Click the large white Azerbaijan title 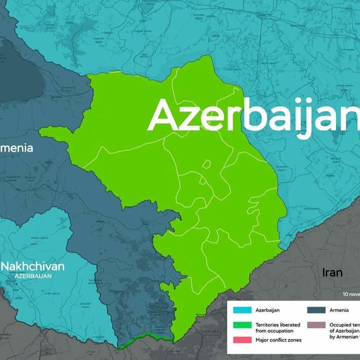(253, 116)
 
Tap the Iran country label (332, 272)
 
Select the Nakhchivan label (33, 266)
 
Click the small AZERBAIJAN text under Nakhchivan (33, 276)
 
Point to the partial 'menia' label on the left (16, 148)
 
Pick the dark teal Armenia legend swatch (316, 310)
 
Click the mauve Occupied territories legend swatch (316, 325)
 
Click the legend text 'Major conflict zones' (278, 340)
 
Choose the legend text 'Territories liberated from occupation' (274, 327)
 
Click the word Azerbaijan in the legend (268, 310)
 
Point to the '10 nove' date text (351, 294)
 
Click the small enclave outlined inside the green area (207, 164)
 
